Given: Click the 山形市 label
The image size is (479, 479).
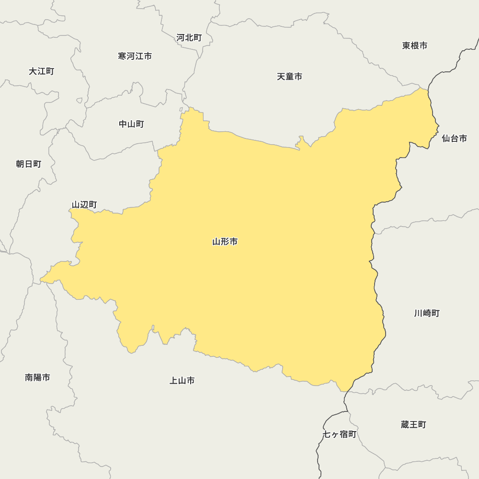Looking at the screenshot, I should point(225,242).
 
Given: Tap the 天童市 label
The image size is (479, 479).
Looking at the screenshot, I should point(289,77).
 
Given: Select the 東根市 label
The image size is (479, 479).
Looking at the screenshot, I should point(415,46).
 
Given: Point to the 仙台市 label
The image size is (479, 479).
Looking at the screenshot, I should point(454,138).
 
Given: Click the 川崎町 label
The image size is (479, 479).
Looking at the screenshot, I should point(427,313).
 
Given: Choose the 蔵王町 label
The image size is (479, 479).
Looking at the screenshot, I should point(413,424).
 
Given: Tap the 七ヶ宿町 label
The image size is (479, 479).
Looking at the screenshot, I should point(340,434).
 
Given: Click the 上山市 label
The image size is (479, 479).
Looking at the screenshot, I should point(182,381).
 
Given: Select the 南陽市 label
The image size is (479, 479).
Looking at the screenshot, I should point(37,377).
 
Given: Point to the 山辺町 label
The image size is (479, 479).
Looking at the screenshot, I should point(84,205).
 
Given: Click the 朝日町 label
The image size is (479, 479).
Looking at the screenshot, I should point(29,164).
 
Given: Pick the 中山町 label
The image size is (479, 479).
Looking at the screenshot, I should point(131,124).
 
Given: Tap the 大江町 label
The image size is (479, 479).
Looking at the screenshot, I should point(41,71).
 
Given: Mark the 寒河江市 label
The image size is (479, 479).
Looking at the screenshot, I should point(135,56).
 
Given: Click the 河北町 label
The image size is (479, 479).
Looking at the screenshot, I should point(189,37).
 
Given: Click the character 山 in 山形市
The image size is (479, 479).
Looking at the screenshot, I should point(217,242).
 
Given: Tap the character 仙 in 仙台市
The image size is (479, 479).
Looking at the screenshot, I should point(445,138).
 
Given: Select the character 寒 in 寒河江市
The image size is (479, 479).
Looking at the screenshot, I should point(122,56).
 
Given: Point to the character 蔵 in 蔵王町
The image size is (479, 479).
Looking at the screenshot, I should point(405,424).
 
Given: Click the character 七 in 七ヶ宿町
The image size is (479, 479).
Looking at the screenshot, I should point(327,434).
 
